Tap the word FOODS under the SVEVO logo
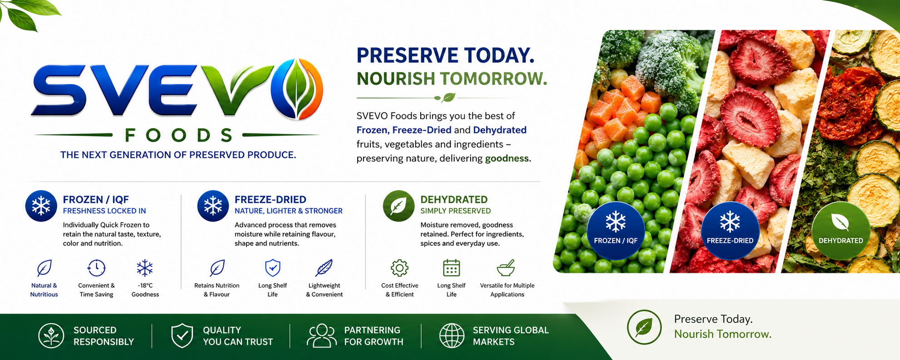coord(178,135)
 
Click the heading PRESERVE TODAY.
coord(445,55)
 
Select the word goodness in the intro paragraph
coord(508,158)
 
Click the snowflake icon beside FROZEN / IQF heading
coord(41,206)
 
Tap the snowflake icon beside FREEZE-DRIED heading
coord(213,206)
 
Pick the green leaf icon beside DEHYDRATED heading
coord(398,206)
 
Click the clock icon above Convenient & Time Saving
coord(96,268)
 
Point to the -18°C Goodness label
coord(145,290)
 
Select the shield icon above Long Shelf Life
coord(272,268)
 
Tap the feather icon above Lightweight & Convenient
coord(324,268)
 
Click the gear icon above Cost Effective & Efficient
coord(399,268)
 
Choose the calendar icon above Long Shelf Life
coord(452,268)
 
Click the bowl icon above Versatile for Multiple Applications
coord(506,268)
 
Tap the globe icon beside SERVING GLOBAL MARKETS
coord(452,336)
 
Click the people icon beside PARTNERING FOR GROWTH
coord(321,336)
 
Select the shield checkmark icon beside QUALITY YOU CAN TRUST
coord(182,336)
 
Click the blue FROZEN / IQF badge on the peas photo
coord(616,231)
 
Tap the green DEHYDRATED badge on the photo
coord(841,231)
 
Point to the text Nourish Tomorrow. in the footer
coord(723,335)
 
